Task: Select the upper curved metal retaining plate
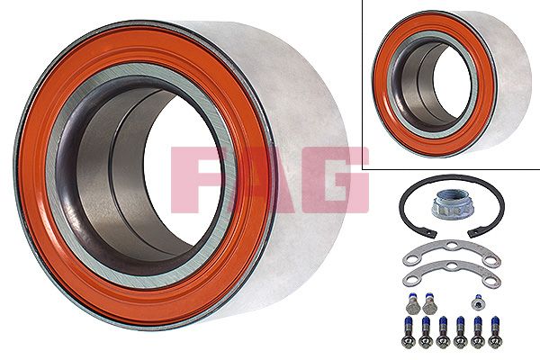pyautogui.click(x=449, y=251)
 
